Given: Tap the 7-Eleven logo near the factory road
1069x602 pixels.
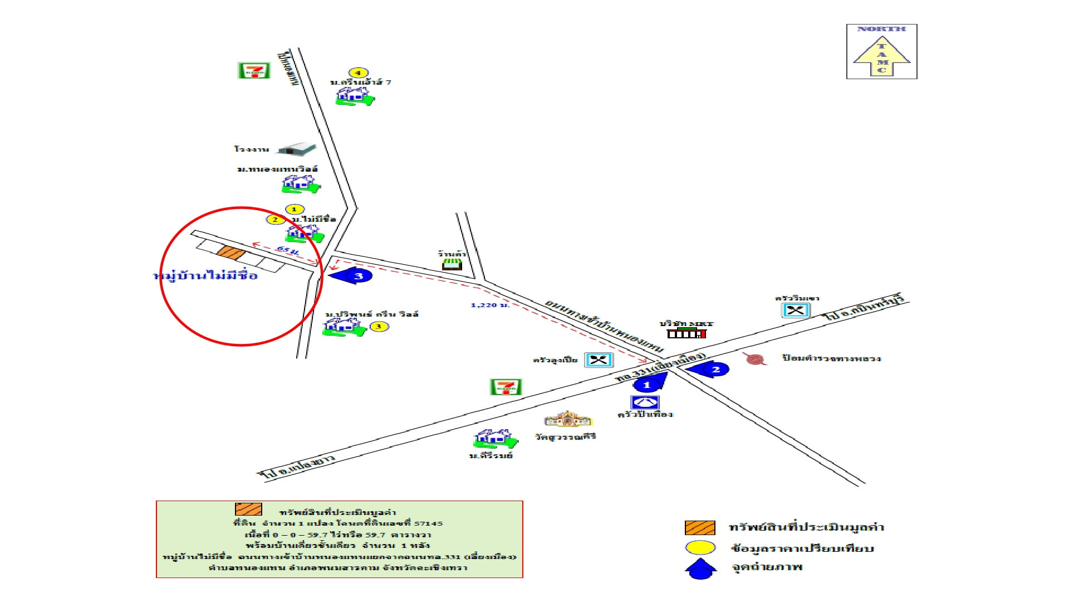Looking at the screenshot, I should [x=254, y=71].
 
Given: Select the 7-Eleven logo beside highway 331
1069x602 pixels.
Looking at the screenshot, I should [x=506, y=387].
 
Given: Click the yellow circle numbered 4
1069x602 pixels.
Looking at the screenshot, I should [x=358, y=72].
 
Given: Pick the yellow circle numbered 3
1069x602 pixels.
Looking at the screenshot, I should [x=379, y=327].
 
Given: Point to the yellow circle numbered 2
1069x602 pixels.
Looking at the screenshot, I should [x=275, y=220].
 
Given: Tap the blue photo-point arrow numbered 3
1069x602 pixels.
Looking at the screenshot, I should [x=352, y=275].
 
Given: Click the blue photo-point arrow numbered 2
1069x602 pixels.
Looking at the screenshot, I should [x=709, y=369].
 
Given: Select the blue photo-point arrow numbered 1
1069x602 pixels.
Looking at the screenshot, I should [x=649, y=383].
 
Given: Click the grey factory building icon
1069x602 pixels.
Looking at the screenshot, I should [x=297, y=149].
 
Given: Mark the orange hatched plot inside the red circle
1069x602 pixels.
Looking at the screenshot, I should [x=231, y=253].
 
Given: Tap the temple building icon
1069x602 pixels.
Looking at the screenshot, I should [x=567, y=419].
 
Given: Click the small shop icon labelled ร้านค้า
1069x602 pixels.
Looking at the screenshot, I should [x=452, y=264].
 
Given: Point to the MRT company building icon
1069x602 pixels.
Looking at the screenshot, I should [x=686, y=333].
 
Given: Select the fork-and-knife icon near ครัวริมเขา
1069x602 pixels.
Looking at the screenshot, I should [x=796, y=310].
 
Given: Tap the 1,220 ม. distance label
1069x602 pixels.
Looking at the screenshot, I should [x=489, y=305].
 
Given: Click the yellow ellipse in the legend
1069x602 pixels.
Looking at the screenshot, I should [x=700, y=548].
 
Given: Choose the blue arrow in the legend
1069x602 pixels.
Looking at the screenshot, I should [x=700, y=569].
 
